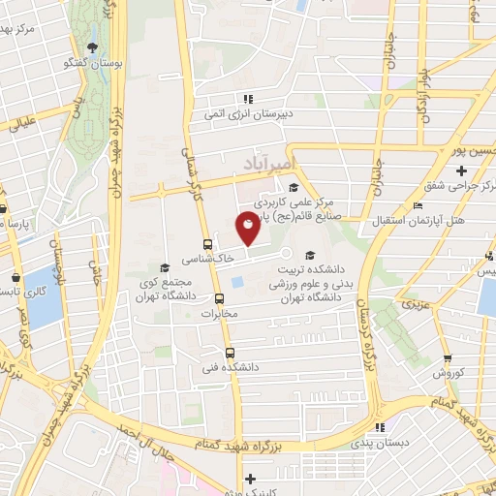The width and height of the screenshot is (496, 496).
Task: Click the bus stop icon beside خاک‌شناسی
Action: (x=207, y=245)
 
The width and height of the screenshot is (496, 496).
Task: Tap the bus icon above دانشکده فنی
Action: (x=230, y=354)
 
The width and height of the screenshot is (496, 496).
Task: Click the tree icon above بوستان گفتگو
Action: (x=93, y=47)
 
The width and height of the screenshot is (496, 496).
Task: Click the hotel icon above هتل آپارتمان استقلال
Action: (x=417, y=205)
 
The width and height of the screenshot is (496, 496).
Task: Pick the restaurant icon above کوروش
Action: (x=462, y=358)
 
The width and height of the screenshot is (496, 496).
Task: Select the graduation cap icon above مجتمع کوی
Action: (x=165, y=266)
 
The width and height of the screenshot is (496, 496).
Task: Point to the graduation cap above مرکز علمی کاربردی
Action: (x=293, y=188)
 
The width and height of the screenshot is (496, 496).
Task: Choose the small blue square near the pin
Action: (x=237, y=282)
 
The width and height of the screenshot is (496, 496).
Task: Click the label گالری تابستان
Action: (x=21, y=291)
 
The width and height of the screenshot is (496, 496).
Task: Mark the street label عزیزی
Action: (x=418, y=307)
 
